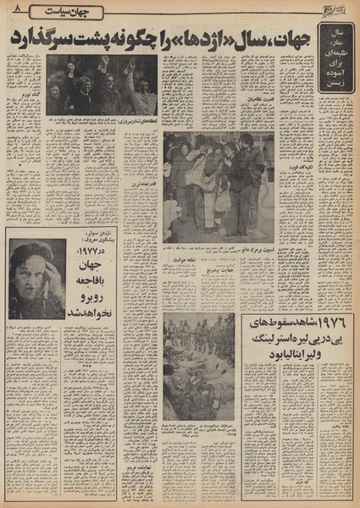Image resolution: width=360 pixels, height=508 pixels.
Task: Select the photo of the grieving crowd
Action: click(x=211, y=186)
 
